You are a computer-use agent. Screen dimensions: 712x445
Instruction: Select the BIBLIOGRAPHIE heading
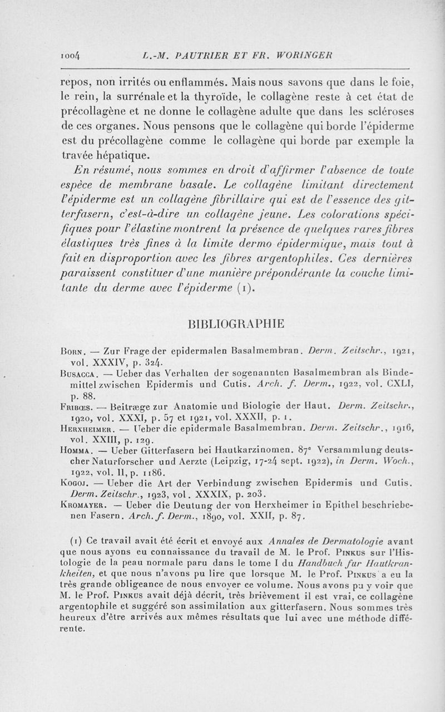236,323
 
